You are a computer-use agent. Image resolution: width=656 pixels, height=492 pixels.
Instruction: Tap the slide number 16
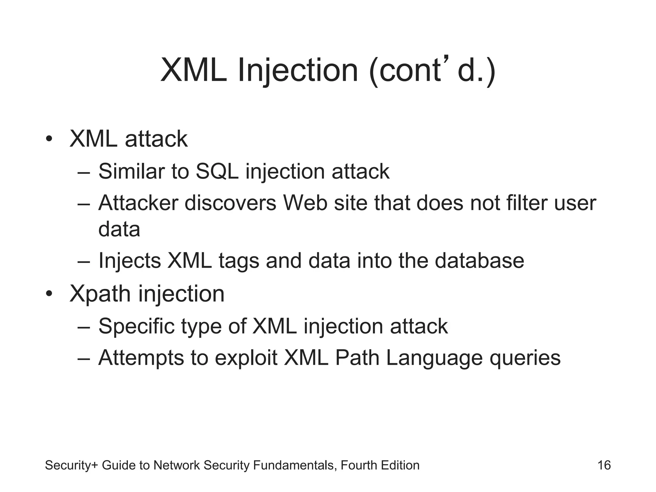(x=604, y=465)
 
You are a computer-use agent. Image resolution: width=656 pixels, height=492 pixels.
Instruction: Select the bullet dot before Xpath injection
(x=49, y=294)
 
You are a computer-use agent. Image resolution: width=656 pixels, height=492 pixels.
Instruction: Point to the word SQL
(x=217, y=171)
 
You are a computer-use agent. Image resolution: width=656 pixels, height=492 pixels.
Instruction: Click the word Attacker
(x=138, y=203)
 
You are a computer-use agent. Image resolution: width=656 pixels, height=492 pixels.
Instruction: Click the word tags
(x=239, y=261)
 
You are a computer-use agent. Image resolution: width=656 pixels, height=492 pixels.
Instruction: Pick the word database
(x=479, y=261)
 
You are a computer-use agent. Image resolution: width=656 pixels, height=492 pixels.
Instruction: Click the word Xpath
(x=100, y=294)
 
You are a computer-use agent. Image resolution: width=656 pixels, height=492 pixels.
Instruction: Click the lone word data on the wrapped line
(x=119, y=229)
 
